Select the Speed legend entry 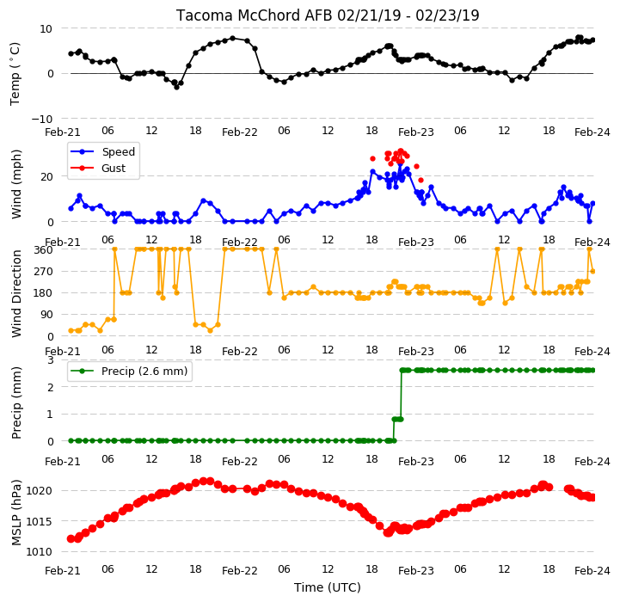click(102, 152)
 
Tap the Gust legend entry click(98, 168)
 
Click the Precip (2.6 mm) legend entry click(129, 371)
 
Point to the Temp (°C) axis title click(15, 74)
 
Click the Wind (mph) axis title click(16, 184)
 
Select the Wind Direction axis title click(16, 293)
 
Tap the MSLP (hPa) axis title click(16, 513)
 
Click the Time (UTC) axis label click(328, 587)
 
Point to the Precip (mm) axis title click(16, 402)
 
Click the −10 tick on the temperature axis click(41, 119)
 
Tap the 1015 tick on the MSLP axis click(39, 522)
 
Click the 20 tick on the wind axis click(47, 177)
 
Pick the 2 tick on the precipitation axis click(50, 388)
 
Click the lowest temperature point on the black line click(177, 87)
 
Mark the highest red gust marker click(401, 151)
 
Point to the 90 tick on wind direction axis click(47, 315)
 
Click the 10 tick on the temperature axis click(46, 29)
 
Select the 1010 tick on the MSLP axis click(39, 552)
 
